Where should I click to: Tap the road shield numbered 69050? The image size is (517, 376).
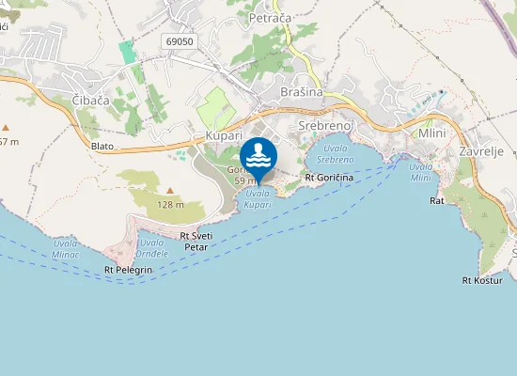(178, 41)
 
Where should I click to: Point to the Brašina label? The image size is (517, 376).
(301, 92)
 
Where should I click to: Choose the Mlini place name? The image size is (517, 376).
(431, 133)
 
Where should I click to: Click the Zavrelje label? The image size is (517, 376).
(481, 151)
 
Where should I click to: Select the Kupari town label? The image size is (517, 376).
(224, 137)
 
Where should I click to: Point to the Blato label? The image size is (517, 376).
(102, 146)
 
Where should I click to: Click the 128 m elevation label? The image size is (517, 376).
(170, 204)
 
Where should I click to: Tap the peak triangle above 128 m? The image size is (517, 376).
(170, 190)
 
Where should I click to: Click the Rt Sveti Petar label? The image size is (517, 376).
(194, 242)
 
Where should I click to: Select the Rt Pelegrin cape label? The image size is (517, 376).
(128, 270)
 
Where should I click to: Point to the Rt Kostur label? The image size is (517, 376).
(483, 280)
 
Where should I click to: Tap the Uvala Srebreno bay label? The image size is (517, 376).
(334, 154)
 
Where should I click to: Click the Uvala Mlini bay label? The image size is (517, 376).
(420, 172)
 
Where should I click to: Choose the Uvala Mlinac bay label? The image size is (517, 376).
(66, 247)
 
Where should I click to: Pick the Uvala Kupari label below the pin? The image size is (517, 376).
(258, 198)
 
